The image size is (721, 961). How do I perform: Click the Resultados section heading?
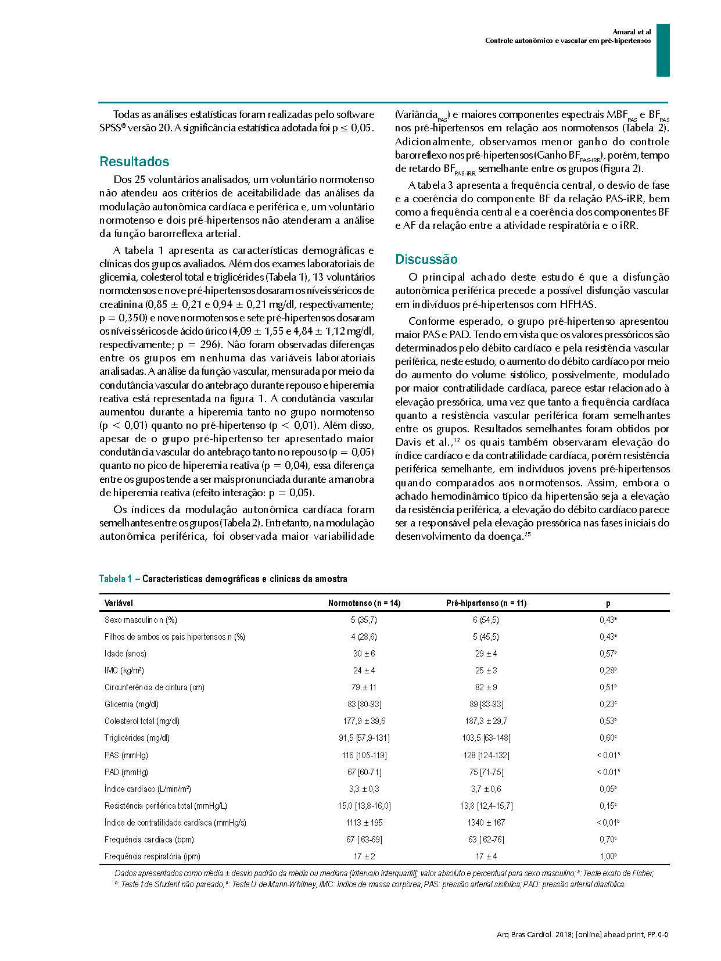tap(134, 162)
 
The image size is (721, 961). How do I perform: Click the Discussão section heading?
tap(426, 259)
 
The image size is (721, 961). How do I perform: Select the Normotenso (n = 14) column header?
tap(364, 603)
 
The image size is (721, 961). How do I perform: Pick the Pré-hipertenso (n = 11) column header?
tap(486, 603)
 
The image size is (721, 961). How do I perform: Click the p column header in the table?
tap(608, 603)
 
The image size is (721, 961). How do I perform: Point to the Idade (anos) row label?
tap(125, 654)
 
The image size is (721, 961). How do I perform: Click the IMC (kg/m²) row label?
tap(124, 670)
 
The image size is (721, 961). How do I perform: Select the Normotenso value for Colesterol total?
tap(364, 721)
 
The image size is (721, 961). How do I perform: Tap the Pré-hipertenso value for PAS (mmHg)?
tap(486, 755)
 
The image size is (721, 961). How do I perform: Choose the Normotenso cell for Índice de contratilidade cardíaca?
tap(364, 823)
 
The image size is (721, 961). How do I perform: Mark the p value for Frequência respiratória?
tap(608, 856)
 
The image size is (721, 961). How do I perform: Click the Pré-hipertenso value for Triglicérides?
tap(486, 738)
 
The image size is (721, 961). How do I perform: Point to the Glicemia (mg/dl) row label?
tap(131, 704)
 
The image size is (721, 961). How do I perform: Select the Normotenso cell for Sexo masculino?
tap(364, 620)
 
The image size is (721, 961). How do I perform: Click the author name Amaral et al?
tap(632, 32)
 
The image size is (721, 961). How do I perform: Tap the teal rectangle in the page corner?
tap(663, 50)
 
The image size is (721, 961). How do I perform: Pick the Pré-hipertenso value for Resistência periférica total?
tap(486, 806)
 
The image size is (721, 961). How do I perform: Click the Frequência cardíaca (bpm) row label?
tap(149, 840)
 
